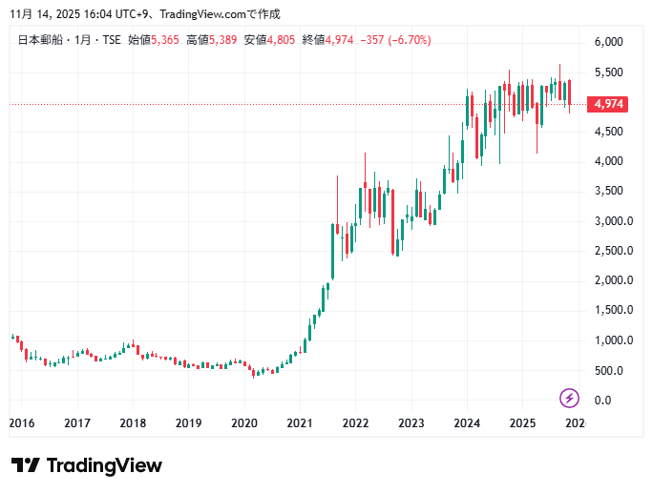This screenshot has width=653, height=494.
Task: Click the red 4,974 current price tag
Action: [607, 104]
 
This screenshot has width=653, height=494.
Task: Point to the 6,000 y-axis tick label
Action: [608, 42]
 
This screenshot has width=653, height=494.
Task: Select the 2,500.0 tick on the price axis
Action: [611, 251]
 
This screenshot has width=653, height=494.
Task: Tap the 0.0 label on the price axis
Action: [602, 401]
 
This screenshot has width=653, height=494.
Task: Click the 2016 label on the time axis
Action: [22, 422]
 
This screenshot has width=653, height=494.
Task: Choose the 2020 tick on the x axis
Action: [244, 422]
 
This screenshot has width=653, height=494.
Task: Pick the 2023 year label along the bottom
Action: [411, 422]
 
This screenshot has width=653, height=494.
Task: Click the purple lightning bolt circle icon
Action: [569, 398]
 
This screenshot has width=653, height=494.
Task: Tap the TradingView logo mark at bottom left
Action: [26, 465]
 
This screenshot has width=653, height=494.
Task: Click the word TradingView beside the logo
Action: [104, 465]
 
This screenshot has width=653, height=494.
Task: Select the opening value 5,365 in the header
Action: [165, 40]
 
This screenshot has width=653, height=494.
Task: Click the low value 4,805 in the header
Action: [283, 40]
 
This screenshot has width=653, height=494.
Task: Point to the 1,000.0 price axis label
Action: [611, 340]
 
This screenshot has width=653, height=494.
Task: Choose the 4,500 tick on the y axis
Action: [608, 132]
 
